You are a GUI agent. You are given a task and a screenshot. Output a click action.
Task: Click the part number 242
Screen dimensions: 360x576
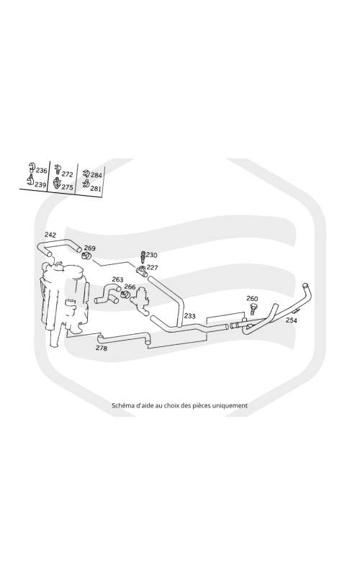[50, 235]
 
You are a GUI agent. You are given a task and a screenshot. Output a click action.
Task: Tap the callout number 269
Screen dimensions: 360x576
[89, 248]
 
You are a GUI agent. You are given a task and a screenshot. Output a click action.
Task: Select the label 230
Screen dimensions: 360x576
[152, 255]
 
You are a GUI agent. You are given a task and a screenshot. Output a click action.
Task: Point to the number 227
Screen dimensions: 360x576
[153, 267]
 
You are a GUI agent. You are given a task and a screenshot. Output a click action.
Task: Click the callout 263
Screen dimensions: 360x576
[117, 280]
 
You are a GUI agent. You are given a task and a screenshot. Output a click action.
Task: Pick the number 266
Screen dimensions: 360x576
[130, 287]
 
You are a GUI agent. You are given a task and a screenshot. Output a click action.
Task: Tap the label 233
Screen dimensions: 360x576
[190, 316]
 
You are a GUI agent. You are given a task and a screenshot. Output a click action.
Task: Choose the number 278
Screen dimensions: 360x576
[102, 348]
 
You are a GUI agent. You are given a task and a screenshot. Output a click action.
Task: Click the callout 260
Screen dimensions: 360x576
[252, 299]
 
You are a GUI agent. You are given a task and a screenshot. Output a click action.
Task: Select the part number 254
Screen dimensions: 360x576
[292, 320]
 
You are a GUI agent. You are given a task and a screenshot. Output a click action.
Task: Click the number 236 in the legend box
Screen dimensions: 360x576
[42, 171]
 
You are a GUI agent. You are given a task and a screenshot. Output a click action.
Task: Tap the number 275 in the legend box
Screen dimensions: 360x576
[67, 187]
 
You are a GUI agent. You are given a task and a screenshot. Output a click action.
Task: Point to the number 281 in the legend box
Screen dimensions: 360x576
[96, 189]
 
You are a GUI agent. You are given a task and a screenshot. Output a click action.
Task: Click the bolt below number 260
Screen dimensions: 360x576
[253, 309]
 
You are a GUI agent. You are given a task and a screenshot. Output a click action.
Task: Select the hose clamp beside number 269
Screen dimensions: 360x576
[86, 256]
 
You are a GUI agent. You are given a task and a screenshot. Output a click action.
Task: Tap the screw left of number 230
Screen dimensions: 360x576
[143, 257]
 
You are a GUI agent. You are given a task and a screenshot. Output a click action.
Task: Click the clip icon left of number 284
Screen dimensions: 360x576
[86, 174]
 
